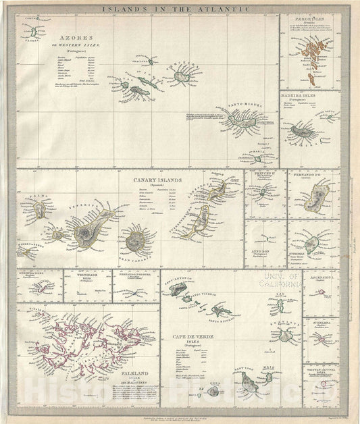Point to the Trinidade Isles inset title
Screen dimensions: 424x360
[84, 276]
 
